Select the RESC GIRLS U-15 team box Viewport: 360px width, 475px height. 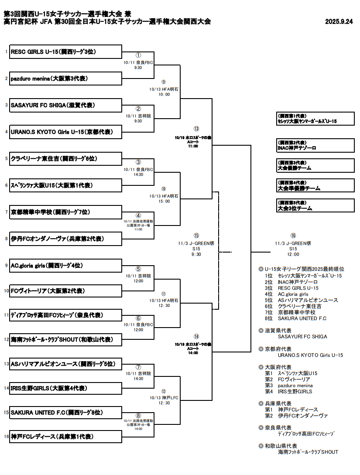[65, 52]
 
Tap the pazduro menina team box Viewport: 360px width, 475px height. [65, 79]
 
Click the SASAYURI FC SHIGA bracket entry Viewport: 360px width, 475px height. [65, 105]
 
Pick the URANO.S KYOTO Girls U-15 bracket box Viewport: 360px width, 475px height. [65, 132]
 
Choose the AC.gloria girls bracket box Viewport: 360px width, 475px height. [65, 266]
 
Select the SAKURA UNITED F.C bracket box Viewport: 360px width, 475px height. [65, 413]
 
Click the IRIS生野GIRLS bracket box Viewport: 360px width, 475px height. [65, 388]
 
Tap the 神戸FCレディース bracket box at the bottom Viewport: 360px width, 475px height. [65, 437]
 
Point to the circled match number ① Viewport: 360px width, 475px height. [138, 56]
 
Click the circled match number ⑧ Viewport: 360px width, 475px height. [138, 416]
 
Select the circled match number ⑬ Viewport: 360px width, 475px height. [196, 129]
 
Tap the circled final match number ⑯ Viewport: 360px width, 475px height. [293, 236]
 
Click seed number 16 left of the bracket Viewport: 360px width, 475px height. [6, 437]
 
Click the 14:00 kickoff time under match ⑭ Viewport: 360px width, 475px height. [192, 352]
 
